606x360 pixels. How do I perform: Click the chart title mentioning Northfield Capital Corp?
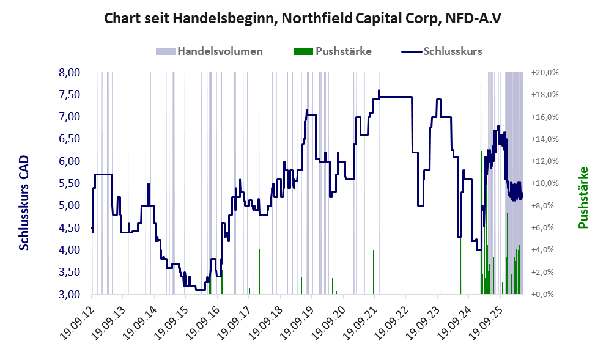point(303,18)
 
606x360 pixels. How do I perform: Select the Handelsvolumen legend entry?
point(209,51)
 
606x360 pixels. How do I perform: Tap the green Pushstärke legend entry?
point(333,51)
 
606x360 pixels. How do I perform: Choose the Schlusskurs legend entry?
point(442,51)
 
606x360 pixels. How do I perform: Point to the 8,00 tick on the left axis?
point(69,73)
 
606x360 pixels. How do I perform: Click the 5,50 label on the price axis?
point(69,183)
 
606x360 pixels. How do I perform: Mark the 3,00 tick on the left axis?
point(69,295)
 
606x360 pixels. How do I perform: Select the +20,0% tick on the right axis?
point(545,73)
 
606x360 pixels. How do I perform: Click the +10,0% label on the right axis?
point(545,183)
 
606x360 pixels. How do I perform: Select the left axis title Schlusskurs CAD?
point(24,203)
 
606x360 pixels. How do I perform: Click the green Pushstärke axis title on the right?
point(583,197)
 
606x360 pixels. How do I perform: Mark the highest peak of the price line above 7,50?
point(379,90)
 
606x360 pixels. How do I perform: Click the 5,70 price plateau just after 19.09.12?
point(103,175)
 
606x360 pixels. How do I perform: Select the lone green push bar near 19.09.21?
point(374,272)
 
